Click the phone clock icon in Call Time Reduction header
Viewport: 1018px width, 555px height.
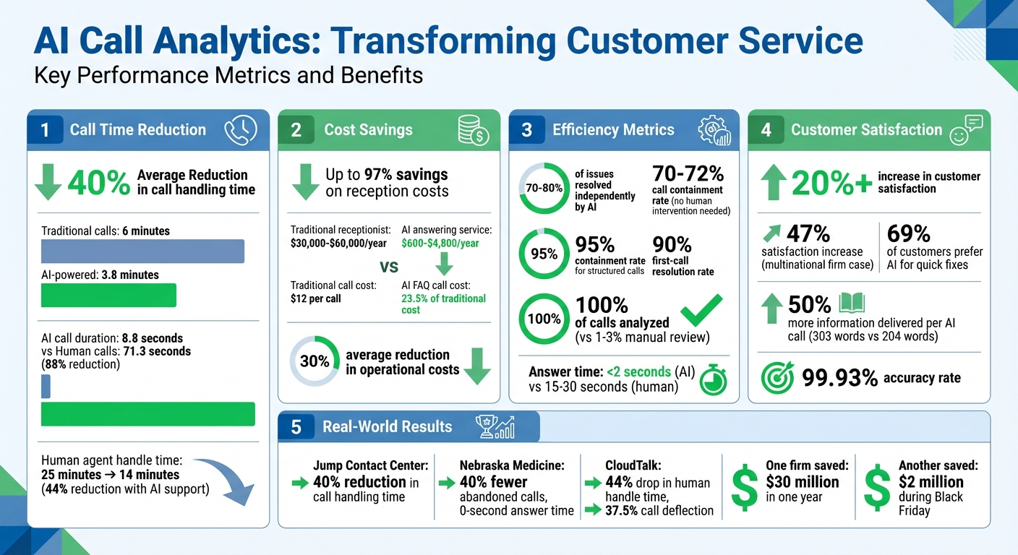click(240, 130)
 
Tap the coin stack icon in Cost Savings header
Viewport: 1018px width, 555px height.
click(474, 130)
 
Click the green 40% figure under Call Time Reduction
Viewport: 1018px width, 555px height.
click(98, 183)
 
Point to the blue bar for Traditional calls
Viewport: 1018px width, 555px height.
click(142, 251)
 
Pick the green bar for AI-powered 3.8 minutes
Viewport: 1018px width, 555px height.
click(108, 295)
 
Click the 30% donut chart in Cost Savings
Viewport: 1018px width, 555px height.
click(315, 361)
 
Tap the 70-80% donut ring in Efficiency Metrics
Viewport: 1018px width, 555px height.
click(543, 188)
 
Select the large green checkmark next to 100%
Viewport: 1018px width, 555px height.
click(701, 311)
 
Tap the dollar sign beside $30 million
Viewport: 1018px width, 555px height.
click(745, 487)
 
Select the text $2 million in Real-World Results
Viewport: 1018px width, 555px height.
click(931, 482)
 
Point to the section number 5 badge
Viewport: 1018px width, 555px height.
click(296, 427)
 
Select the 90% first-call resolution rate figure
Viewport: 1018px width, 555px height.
click(672, 245)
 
